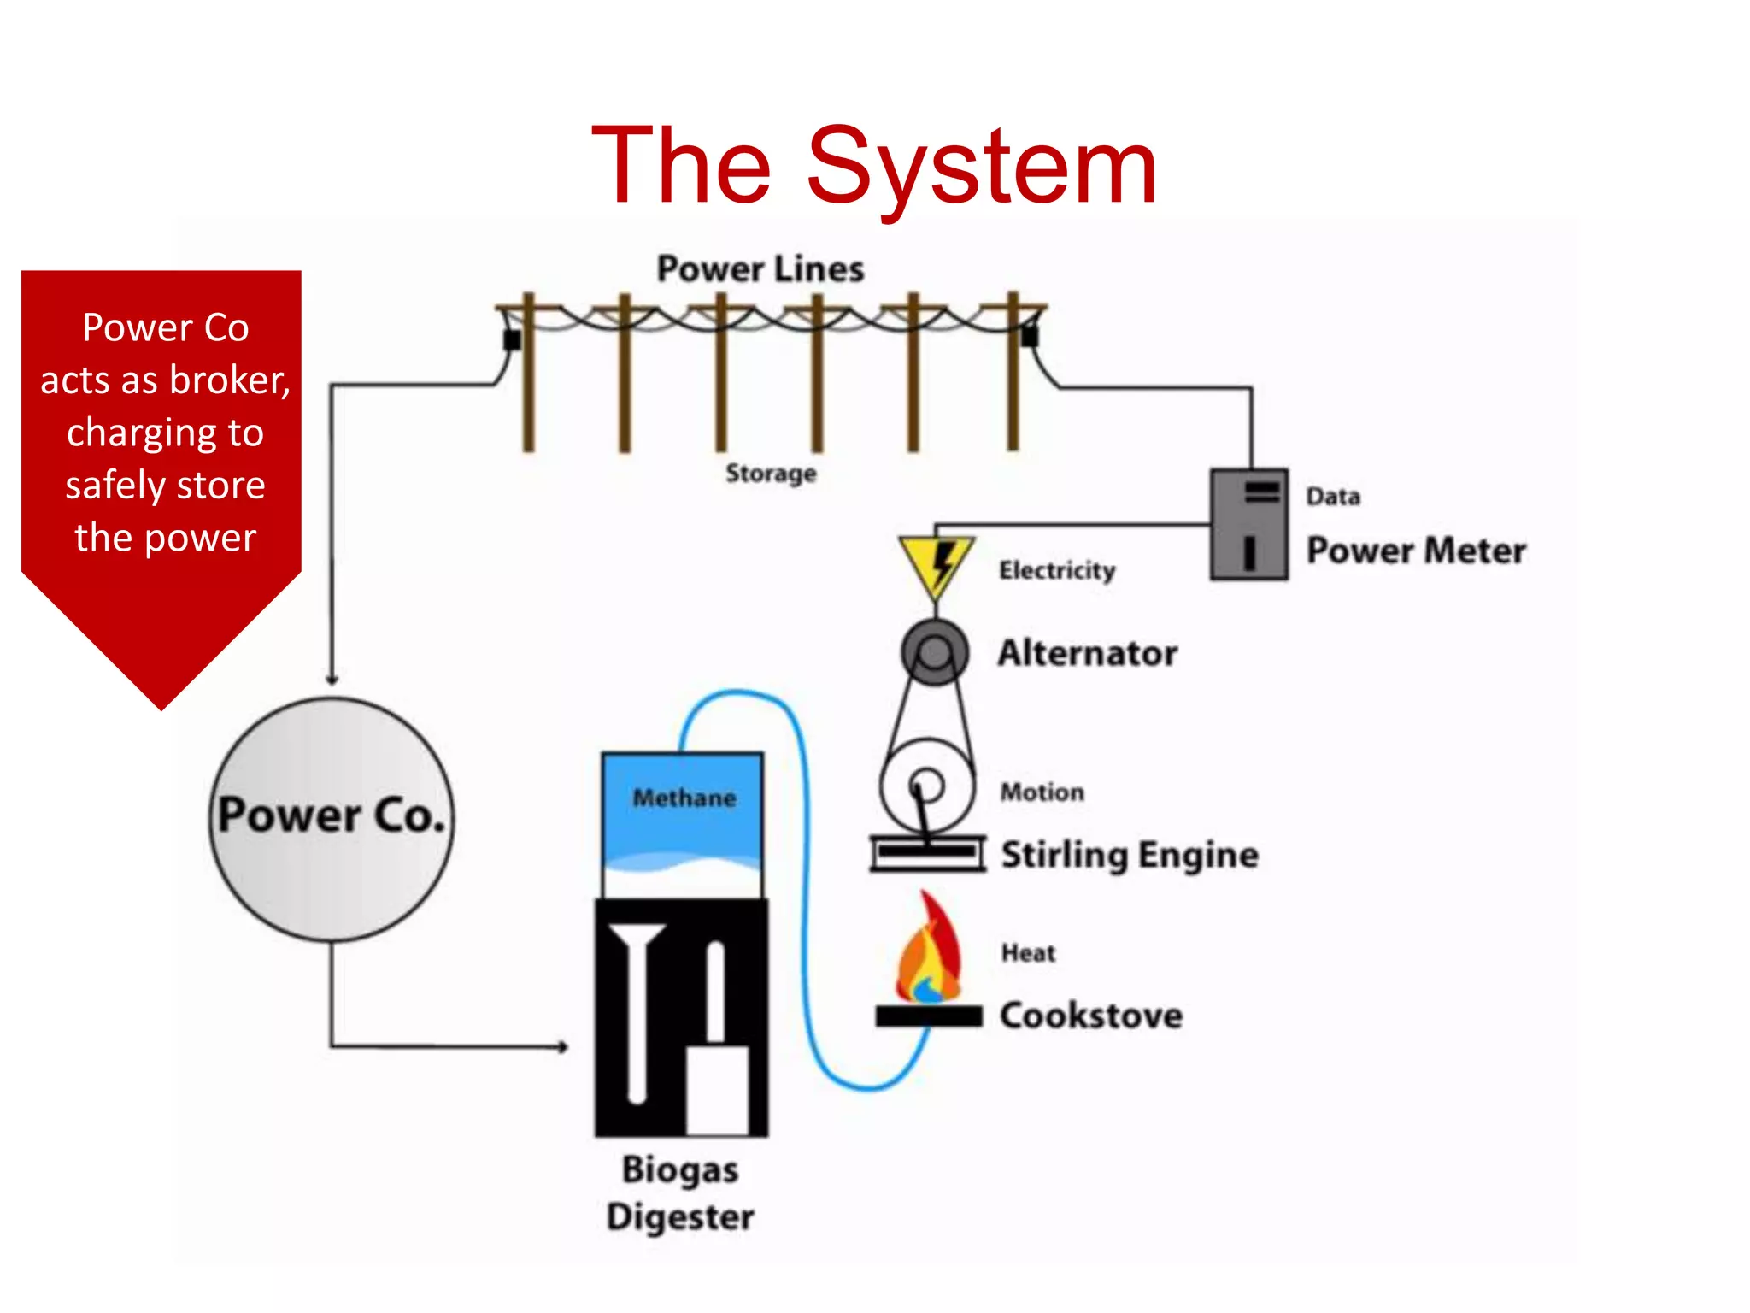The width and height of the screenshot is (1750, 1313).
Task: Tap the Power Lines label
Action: (760, 269)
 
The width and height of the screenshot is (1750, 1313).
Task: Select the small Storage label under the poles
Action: (771, 473)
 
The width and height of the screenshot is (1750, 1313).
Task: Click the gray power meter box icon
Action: (1248, 524)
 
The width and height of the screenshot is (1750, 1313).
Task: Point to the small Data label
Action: (1332, 497)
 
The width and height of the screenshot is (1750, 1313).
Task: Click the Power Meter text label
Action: (1416, 551)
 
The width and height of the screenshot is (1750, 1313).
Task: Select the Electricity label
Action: (1057, 570)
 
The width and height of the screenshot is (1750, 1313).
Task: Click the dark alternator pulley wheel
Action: (935, 652)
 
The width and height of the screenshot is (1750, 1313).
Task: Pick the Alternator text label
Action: (1087, 653)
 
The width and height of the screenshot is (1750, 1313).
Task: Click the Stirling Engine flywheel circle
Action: (926, 786)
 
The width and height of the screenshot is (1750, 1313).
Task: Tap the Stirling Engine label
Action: (1129, 855)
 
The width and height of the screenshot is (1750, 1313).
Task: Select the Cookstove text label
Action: (1091, 1016)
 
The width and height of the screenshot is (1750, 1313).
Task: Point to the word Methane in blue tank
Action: (684, 798)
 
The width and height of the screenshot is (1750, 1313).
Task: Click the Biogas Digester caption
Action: (680, 1192)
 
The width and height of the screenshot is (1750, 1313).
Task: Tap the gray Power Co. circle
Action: (332, 819)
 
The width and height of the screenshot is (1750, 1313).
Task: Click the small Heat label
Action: (1028, 953)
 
